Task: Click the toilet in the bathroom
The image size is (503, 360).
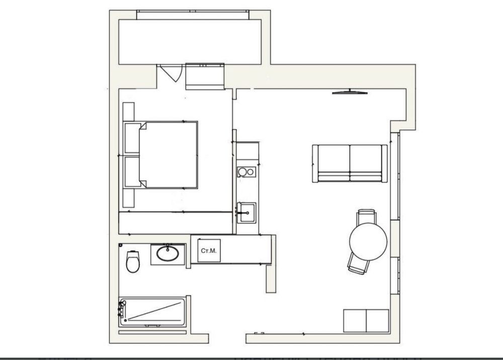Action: coord(133,261)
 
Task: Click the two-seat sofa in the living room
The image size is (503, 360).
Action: coord(350,163)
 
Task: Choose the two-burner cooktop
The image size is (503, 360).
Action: coord(246,172)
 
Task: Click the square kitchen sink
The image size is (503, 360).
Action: coord(246,212)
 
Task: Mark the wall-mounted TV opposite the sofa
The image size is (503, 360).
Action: coord(351,92)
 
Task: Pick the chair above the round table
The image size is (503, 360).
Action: coord(366,217)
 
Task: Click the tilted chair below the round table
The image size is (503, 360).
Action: coord(359,263)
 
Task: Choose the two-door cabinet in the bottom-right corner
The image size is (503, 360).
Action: coord(366,320)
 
